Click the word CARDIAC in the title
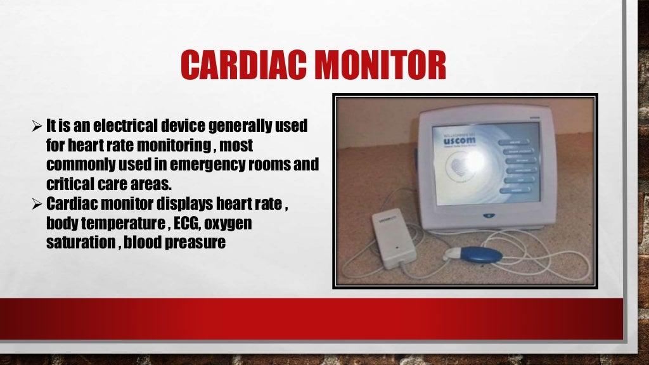coord(239,65)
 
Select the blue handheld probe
coord(480,255)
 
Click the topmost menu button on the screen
coord(518,142)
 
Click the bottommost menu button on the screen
coord(519,189)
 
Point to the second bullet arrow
coord(37,207)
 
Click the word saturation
coord(72,243)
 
